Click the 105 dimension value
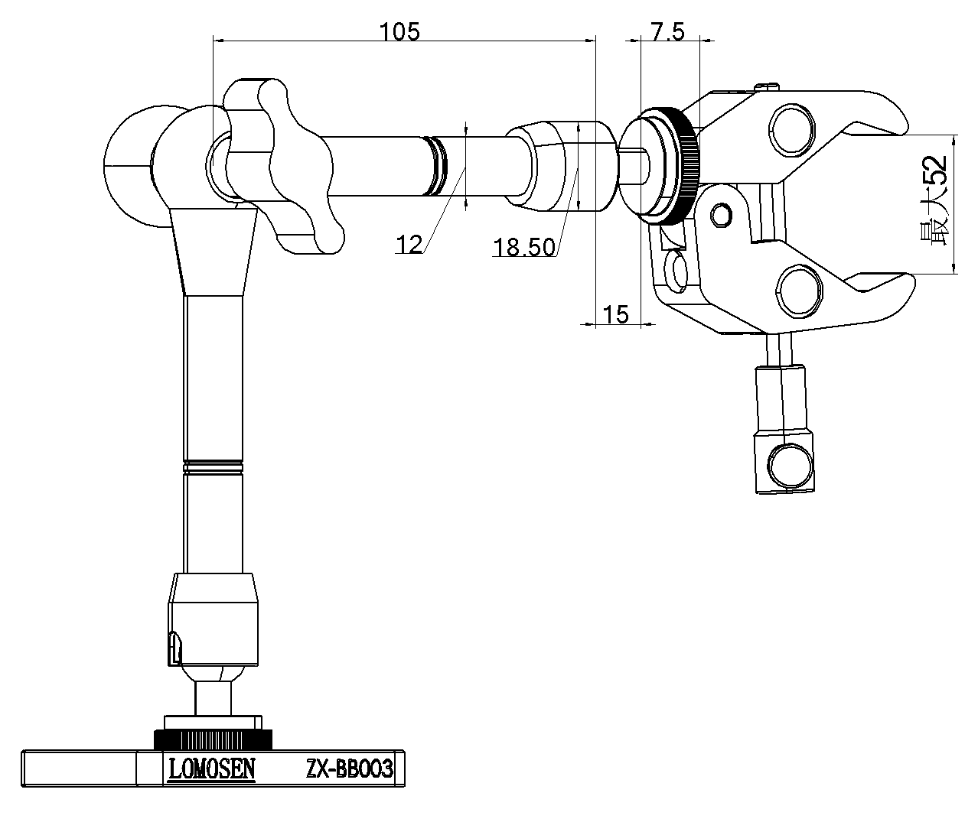coord(399,31)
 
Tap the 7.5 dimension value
coord(667,31)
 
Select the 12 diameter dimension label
coord(409,245)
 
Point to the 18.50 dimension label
coord(524,247)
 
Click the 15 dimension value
coord(615,314)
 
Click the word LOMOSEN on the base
coord(212,769)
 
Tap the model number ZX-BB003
coord(349,769)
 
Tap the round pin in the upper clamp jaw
coord(794,128)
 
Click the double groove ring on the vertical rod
coord(214,464)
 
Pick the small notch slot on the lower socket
coord(174,647)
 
